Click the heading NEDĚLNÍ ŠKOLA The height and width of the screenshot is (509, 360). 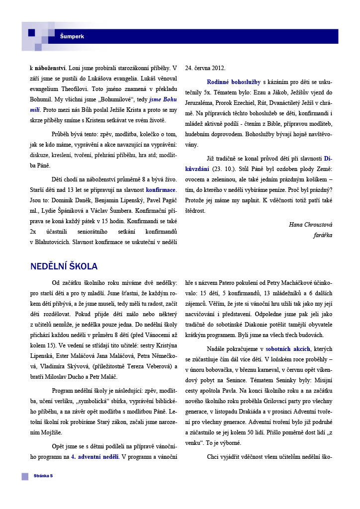point(64,266)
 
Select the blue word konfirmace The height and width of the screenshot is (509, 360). point(161,190)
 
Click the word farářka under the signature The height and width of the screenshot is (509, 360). point(323,235)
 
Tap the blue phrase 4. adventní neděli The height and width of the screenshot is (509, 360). point(94,456)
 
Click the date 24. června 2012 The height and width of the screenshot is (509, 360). point(205,68)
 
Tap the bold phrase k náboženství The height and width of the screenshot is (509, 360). point(46,68)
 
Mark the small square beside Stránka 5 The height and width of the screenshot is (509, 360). point(25,476)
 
